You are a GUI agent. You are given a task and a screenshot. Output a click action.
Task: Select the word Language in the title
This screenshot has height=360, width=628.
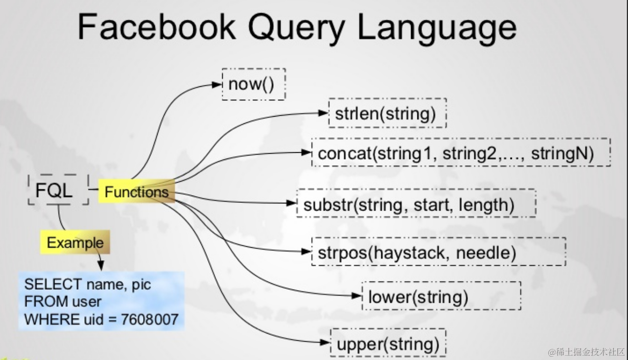tap(437, 28)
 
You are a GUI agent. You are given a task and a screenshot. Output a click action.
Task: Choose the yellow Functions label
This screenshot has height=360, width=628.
tap(136, 192)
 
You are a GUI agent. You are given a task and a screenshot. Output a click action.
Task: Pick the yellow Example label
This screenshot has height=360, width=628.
tap(75, 242)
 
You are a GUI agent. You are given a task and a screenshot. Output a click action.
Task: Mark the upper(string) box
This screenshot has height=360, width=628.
tap(387, 344)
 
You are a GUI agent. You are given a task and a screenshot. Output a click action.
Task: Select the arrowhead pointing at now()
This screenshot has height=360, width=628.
tap(216, 84)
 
